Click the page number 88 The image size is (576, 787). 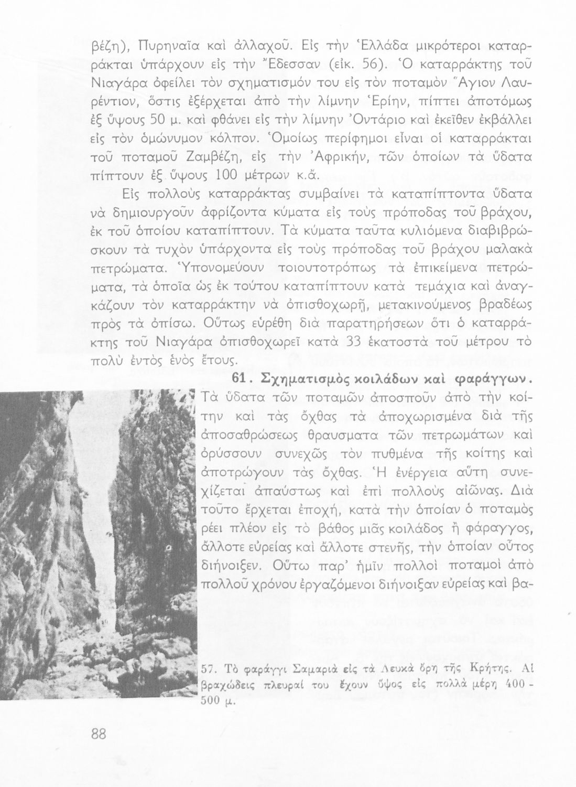(x=99, y=734)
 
